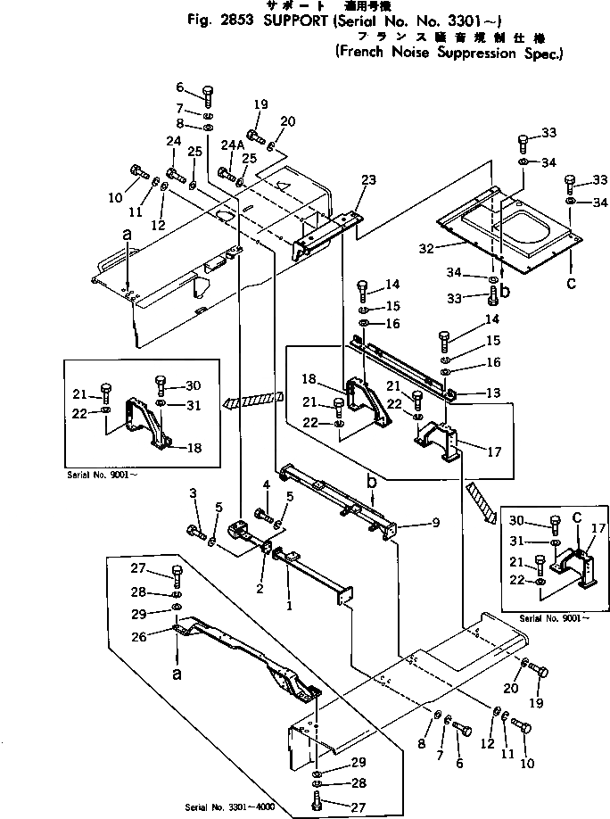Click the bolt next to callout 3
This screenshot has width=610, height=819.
click(196, 533)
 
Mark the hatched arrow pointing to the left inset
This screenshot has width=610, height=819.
click(254, 399)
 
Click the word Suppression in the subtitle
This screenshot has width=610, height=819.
click(475, 53)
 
